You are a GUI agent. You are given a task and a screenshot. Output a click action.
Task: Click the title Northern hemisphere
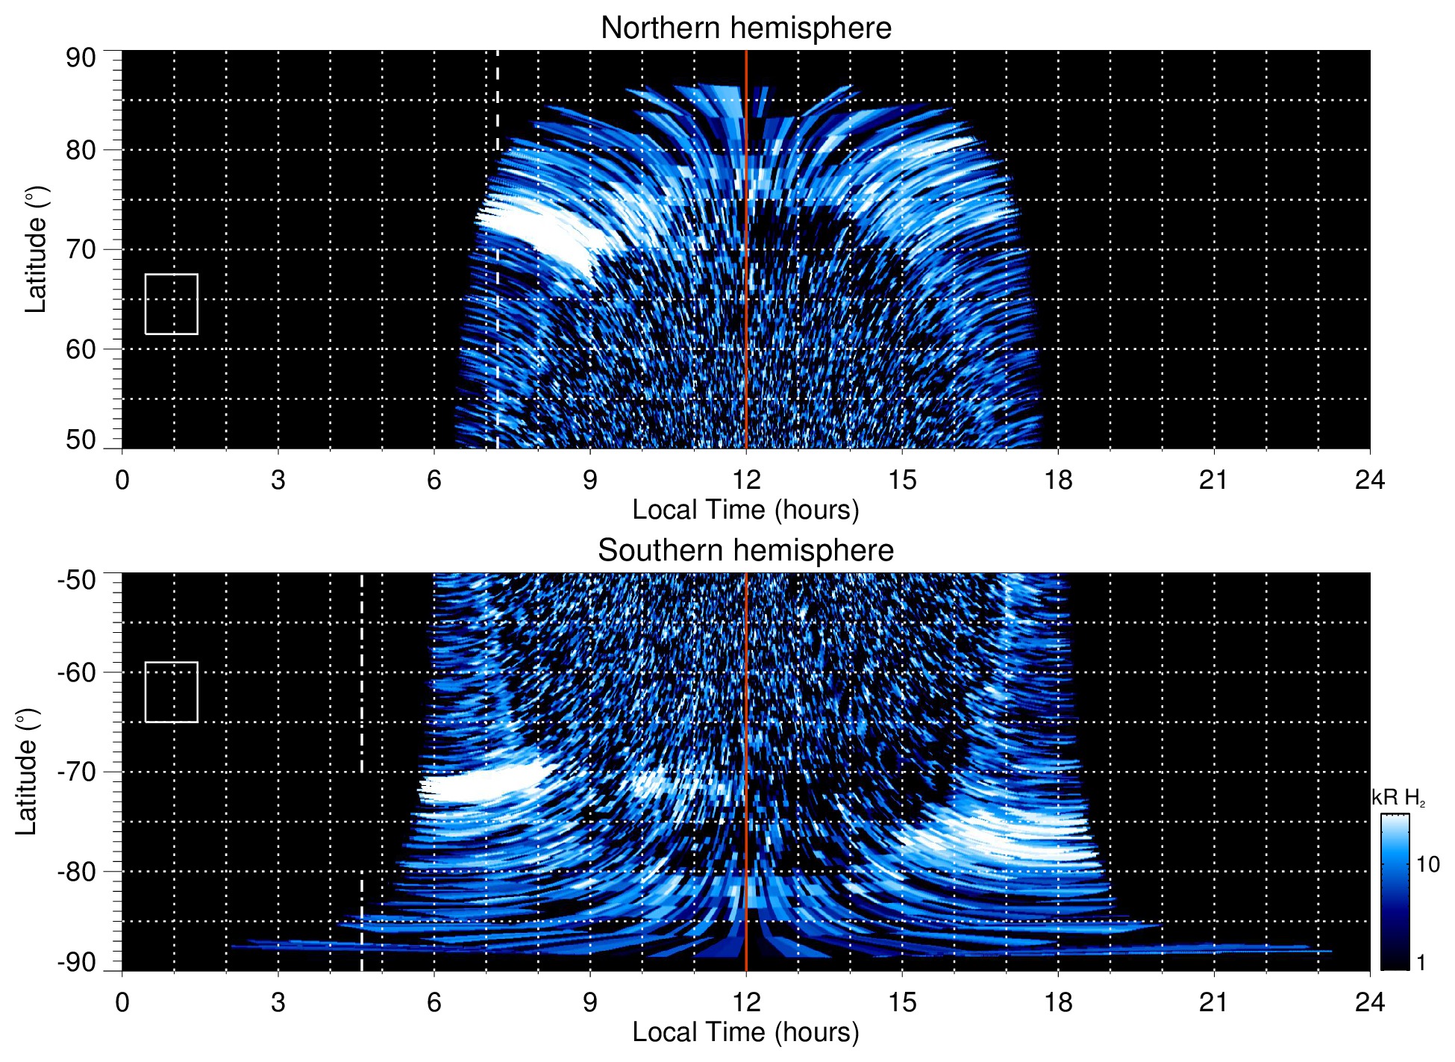click(745, 28)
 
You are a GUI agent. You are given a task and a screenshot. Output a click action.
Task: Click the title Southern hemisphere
click(745, 551)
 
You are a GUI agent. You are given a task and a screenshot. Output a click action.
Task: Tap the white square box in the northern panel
click(172, 304)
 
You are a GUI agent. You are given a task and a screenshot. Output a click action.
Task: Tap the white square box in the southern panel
click(172, 692)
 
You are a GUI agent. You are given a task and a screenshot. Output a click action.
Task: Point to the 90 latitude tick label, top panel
click(81, 58)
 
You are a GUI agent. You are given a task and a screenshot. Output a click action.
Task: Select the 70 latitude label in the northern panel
click(81, 249)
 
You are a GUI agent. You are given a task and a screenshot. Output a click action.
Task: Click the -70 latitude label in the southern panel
click(77, 772)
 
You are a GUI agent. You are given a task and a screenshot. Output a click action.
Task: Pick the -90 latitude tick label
click(77, 962)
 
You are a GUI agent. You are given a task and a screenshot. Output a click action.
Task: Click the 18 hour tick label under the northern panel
click(1058, 480)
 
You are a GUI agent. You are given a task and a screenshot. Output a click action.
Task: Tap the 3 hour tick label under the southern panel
click(278, 1002)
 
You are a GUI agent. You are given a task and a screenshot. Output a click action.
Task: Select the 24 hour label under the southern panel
click(1369, 1002)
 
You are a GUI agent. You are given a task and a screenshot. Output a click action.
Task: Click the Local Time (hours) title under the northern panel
click(745, 510)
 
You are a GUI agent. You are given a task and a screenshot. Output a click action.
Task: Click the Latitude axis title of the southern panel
click(27, 772)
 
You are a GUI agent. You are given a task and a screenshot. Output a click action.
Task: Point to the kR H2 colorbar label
click(1398, 798)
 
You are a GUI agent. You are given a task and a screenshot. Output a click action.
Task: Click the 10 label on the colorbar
click(1427, 865)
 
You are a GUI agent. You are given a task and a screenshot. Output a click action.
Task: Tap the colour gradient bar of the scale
click(1395, 892)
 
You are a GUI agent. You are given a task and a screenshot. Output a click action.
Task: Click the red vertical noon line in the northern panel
click(746, 299)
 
